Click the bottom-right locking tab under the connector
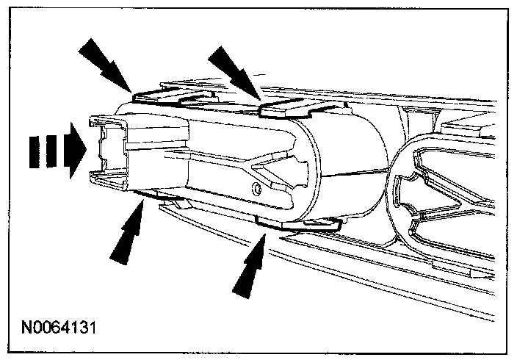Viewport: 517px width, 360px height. click(294, 222)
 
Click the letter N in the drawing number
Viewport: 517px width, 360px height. click(27, 323)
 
